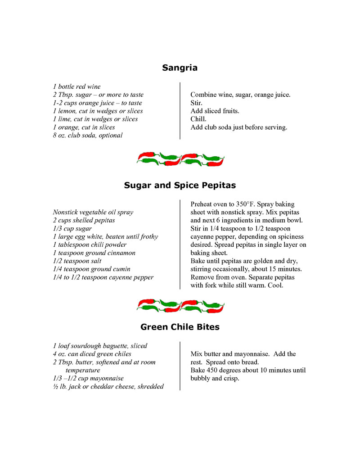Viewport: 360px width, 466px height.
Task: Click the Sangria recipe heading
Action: [x=180, y=68]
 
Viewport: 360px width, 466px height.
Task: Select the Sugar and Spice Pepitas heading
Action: [x=180, y=185]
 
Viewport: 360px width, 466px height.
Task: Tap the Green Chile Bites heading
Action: [x=180, y=327]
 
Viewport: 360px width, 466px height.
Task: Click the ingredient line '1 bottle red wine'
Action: [x=76, y=86]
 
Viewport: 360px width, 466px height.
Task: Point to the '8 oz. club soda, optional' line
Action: [x=87, y=135]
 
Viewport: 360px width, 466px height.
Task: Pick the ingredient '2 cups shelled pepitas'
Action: [x=84, y=220]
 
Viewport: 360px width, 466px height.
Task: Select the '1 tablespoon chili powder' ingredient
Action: [x=90, y=244]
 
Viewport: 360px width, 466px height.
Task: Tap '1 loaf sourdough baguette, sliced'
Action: [x=100, y=346]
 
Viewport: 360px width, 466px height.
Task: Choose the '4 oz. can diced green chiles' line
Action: [x=92, y=354]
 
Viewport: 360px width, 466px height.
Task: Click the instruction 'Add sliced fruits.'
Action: [x=215, y=111]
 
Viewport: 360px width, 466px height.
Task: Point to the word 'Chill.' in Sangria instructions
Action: [x=198, y=119]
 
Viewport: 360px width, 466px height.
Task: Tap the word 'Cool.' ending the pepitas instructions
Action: [x=274, y=285]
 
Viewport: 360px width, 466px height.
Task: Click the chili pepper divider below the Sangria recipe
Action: [x=180, y=159]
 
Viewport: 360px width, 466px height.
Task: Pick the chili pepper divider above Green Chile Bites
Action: [x=180, y=306]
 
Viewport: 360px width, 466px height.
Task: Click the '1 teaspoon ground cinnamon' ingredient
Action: [x=94, y=253]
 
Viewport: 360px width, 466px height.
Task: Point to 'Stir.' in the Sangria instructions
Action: [x=197, y=103]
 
